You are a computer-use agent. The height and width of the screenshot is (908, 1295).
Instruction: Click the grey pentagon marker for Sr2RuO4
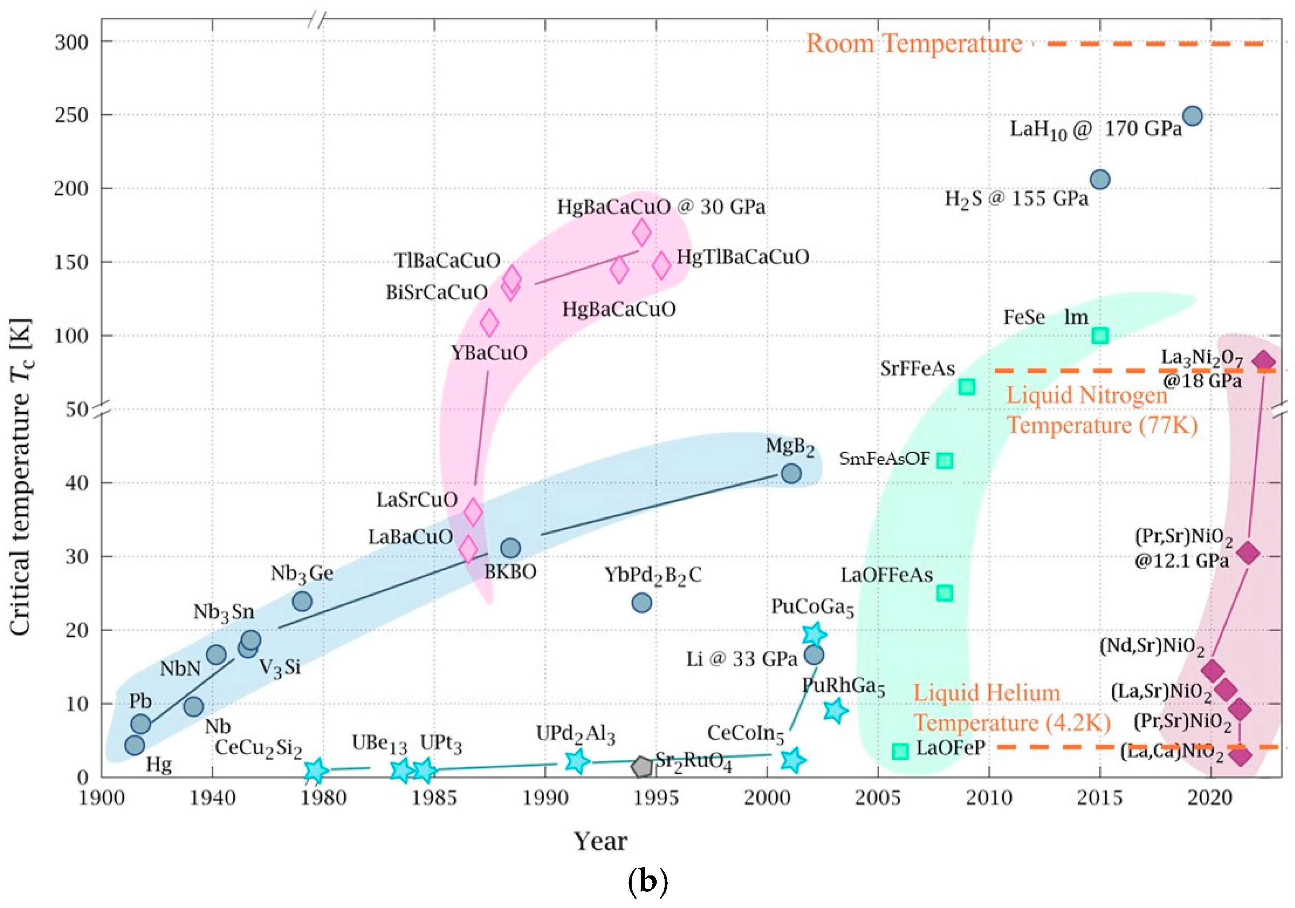coord(642,766)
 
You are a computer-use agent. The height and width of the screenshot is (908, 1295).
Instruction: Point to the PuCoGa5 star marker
coord(813,634)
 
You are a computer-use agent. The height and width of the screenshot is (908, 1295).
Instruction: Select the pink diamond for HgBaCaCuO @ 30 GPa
coord(642,231)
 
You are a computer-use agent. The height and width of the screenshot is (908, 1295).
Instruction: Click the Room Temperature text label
coord(914,43)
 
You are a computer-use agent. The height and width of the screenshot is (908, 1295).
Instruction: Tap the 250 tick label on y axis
coord(72,115)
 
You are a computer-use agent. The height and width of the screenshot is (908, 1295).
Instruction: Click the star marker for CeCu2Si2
coord(316,770)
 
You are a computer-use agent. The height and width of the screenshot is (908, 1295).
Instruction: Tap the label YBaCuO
coord(489,353)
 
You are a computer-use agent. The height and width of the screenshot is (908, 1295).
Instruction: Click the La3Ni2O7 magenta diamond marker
coord(1263,362)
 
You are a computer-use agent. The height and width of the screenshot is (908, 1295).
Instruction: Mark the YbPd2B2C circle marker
coord(642,603)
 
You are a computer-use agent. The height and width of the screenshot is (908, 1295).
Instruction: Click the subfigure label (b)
coord(647,881)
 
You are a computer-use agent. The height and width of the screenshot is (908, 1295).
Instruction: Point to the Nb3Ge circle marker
coord(302,601)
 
